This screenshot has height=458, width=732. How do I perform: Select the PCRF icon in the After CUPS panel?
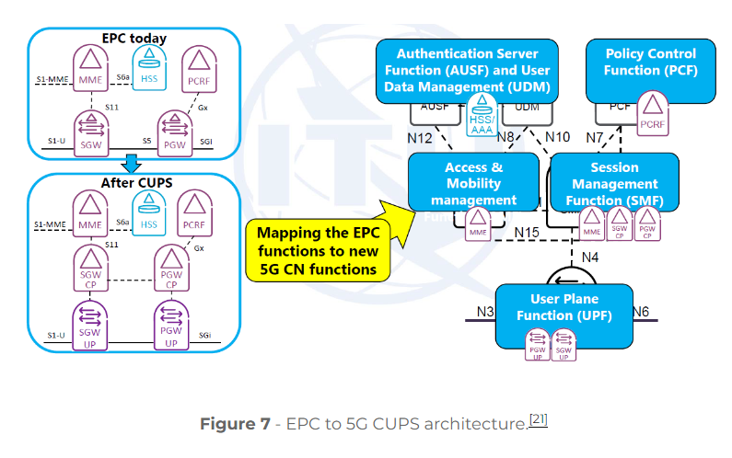[194, 214]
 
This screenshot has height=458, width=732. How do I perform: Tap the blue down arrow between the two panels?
[132, 164]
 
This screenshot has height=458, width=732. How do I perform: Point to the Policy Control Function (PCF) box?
[650, 70]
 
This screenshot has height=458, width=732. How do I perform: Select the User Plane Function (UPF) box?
[564, 308]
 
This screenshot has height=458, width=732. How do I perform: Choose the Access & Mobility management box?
[473, 183]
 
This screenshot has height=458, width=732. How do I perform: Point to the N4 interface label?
[590, 257]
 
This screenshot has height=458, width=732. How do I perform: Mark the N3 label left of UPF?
[486, 313]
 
